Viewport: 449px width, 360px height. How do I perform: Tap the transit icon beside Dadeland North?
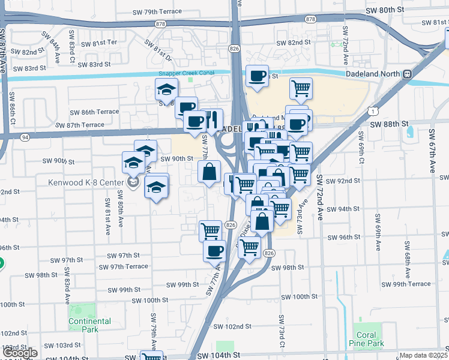407,74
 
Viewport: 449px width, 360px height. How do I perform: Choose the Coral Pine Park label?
366,340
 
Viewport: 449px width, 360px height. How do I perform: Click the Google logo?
20,353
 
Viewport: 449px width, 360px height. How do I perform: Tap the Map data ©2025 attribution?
423,355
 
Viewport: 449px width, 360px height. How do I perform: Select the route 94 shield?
25,137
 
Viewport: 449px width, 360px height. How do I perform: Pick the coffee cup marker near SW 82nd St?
258,76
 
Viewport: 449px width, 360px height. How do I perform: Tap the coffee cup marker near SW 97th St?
214,250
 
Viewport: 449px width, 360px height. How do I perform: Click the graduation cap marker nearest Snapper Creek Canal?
166,90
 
